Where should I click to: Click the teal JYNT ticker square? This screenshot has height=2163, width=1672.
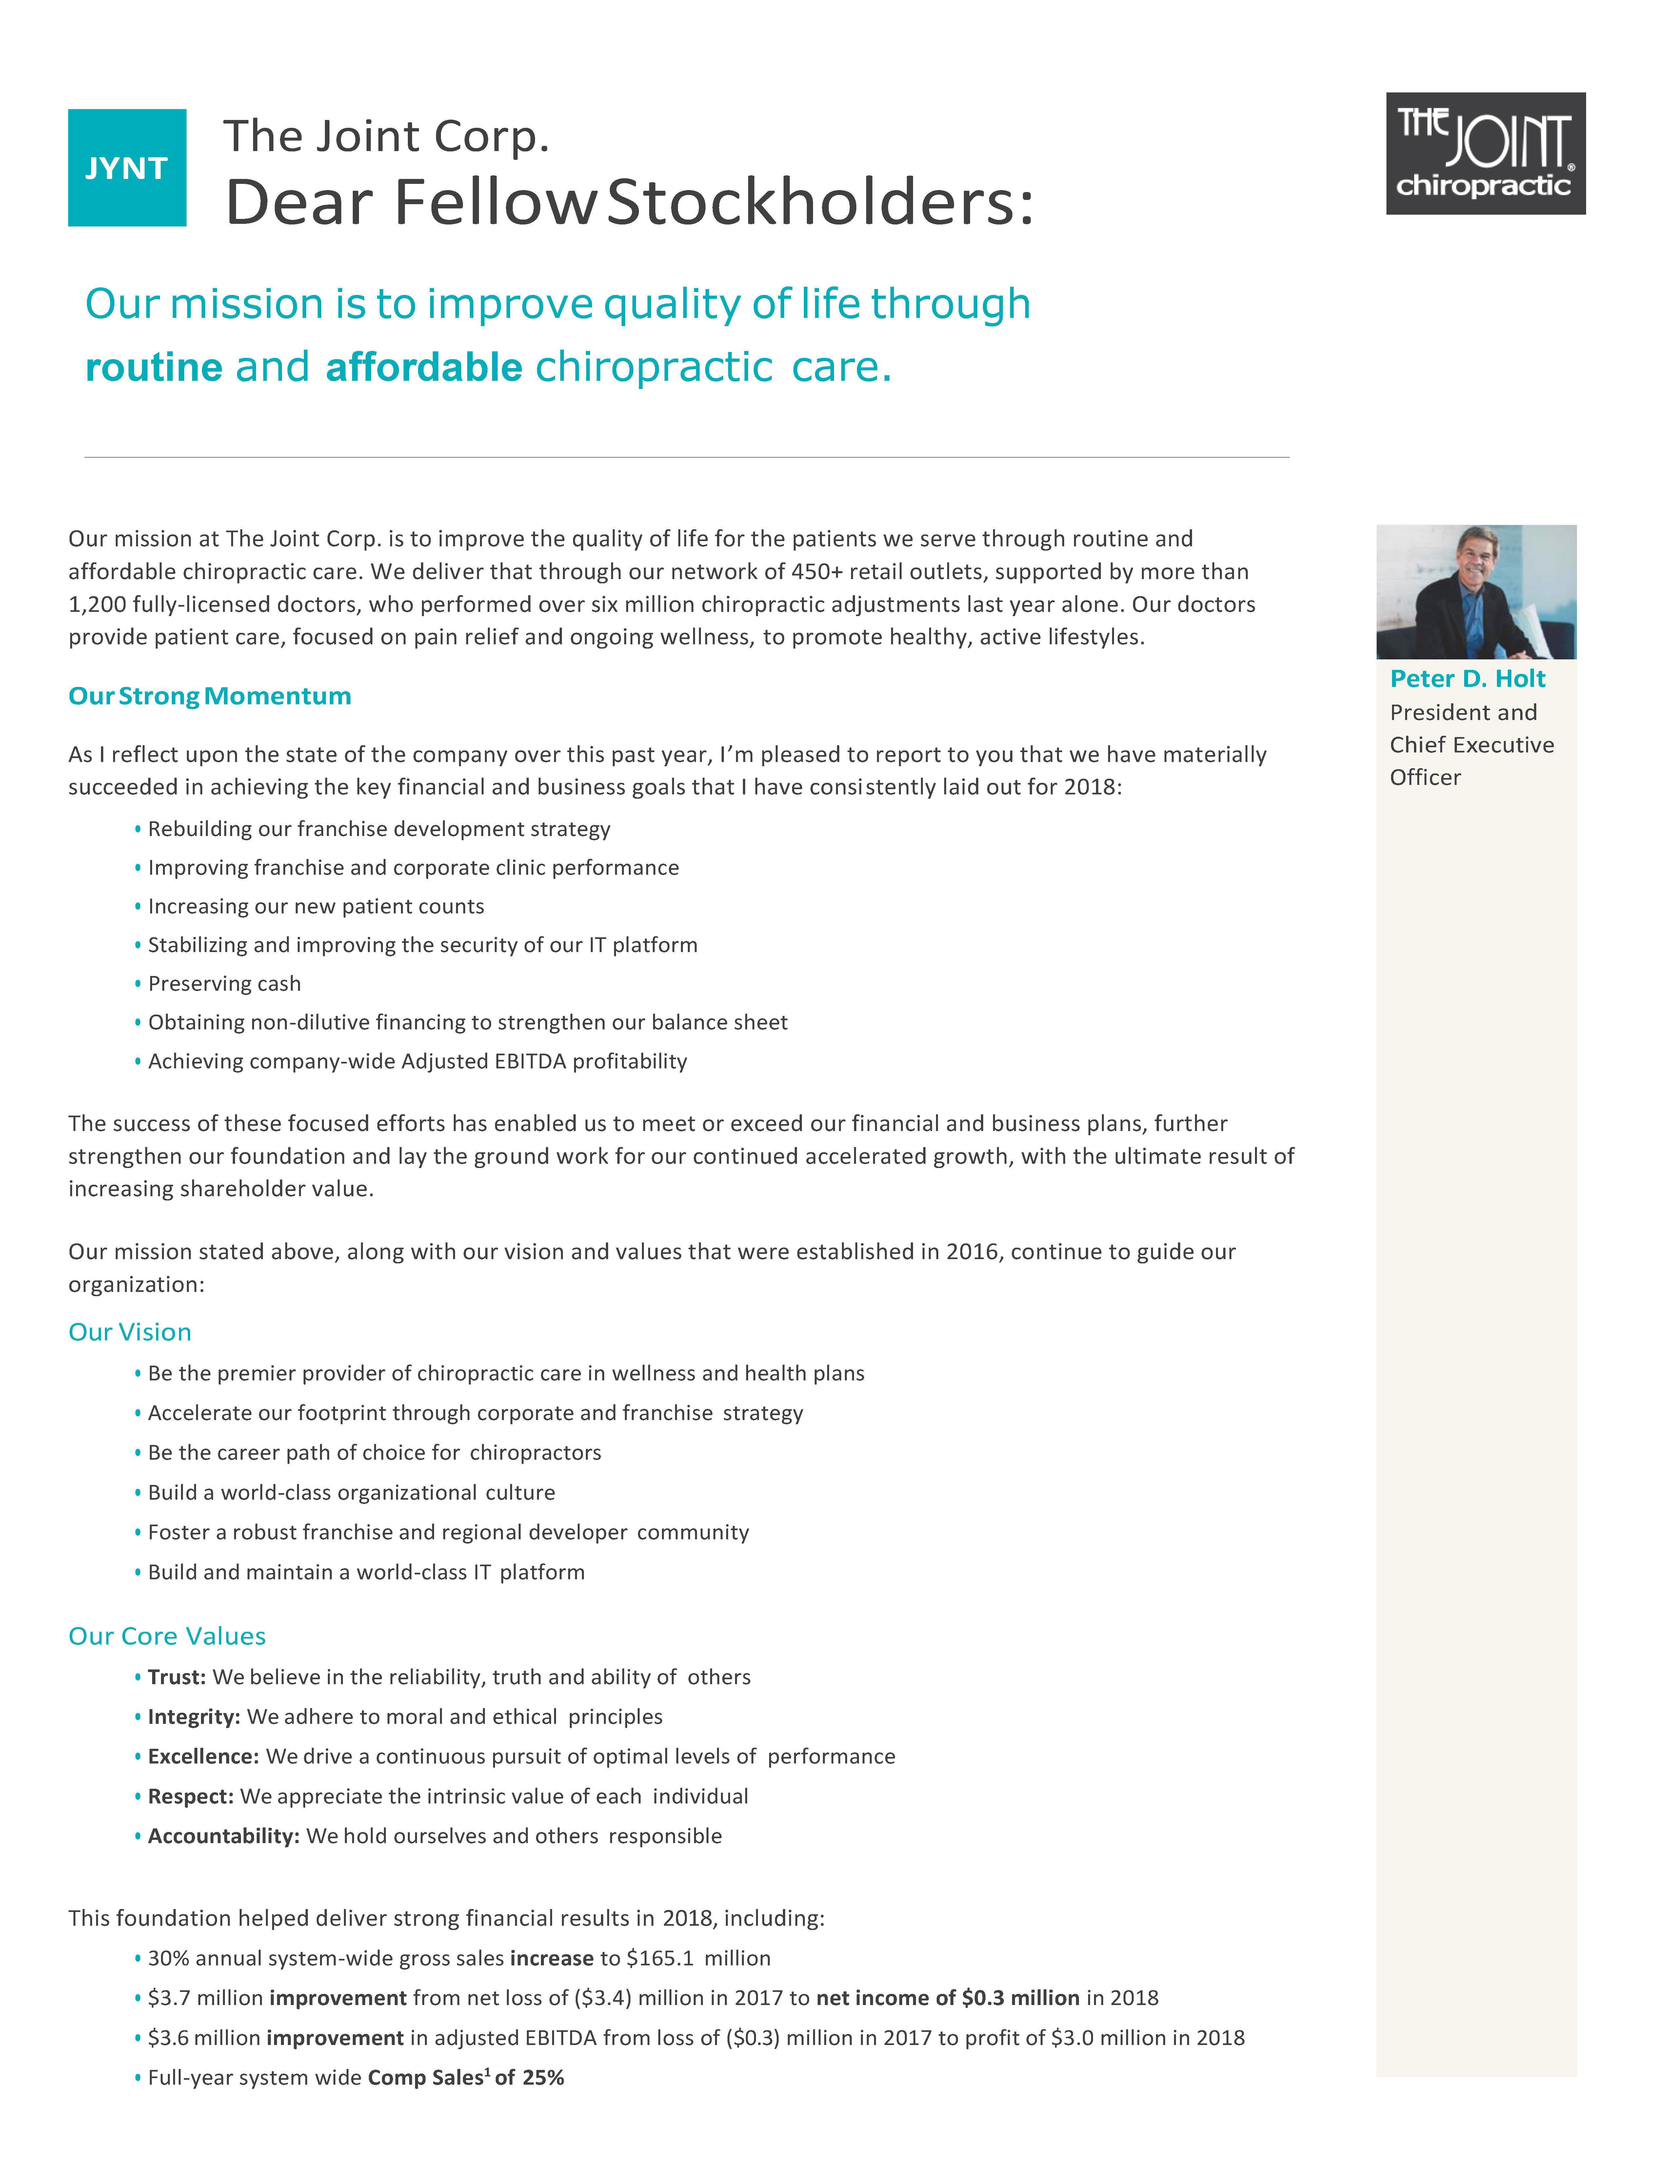(127, 167)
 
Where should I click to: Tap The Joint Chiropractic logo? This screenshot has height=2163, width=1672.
(1485, 153)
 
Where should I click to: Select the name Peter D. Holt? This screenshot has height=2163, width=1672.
(1467, 678)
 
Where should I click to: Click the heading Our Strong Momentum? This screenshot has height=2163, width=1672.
(209, 696)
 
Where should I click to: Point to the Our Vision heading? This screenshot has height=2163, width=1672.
(130, 1332)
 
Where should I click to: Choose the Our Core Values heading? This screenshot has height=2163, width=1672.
(167, 1636)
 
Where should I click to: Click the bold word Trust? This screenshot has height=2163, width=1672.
(176, 1677)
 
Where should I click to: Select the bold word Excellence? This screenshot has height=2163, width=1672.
(203, 1756)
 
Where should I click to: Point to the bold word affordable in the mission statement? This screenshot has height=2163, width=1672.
(424, 367)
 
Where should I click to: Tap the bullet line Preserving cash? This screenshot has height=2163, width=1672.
(224, 984)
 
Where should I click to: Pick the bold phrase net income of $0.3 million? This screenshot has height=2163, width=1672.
(948, 1997)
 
